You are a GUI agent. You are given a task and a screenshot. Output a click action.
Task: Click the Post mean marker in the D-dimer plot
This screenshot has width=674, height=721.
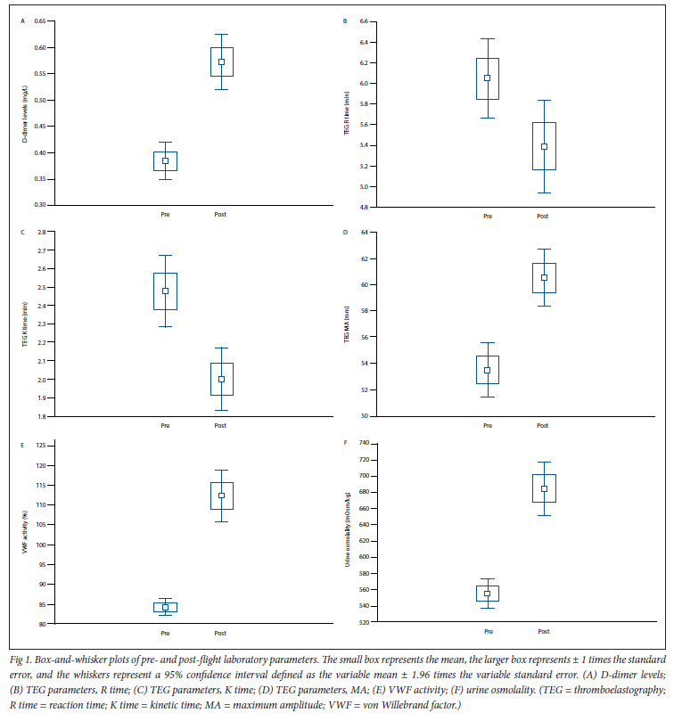[221, 61]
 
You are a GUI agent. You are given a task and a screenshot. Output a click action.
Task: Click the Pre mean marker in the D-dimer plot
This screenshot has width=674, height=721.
[165, 160]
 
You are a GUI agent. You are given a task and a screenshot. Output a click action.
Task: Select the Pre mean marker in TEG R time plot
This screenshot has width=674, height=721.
[487, 78]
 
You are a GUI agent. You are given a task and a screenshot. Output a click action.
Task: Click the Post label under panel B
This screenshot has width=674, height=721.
[542, 216]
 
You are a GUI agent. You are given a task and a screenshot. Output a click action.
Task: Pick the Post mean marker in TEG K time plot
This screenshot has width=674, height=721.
[221, 379]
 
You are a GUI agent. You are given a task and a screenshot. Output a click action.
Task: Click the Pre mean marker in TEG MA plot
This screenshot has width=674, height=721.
[487, 370]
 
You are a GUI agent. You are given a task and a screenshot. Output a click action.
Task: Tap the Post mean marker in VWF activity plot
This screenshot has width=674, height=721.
[221, 496]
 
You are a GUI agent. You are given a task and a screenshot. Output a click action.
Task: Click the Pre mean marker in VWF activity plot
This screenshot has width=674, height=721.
[165, 607]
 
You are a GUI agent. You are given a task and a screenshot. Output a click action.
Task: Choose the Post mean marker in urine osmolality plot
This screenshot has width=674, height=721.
[543, 488]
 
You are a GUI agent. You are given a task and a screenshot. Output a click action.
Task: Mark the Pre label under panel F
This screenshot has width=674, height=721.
[488, 632]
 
